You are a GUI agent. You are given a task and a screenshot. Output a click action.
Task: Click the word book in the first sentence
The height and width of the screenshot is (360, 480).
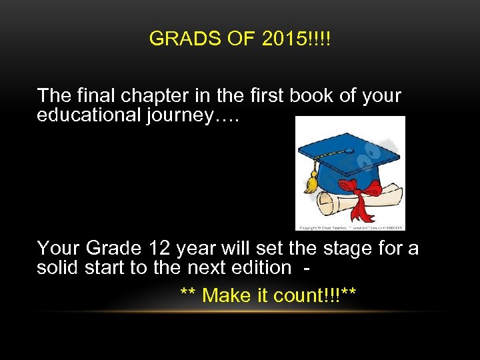click(313, 96)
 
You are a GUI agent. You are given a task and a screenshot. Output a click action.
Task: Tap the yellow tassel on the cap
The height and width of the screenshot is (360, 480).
click(311, 181)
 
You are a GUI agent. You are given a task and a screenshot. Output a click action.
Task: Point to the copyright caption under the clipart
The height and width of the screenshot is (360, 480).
click(350, 227)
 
